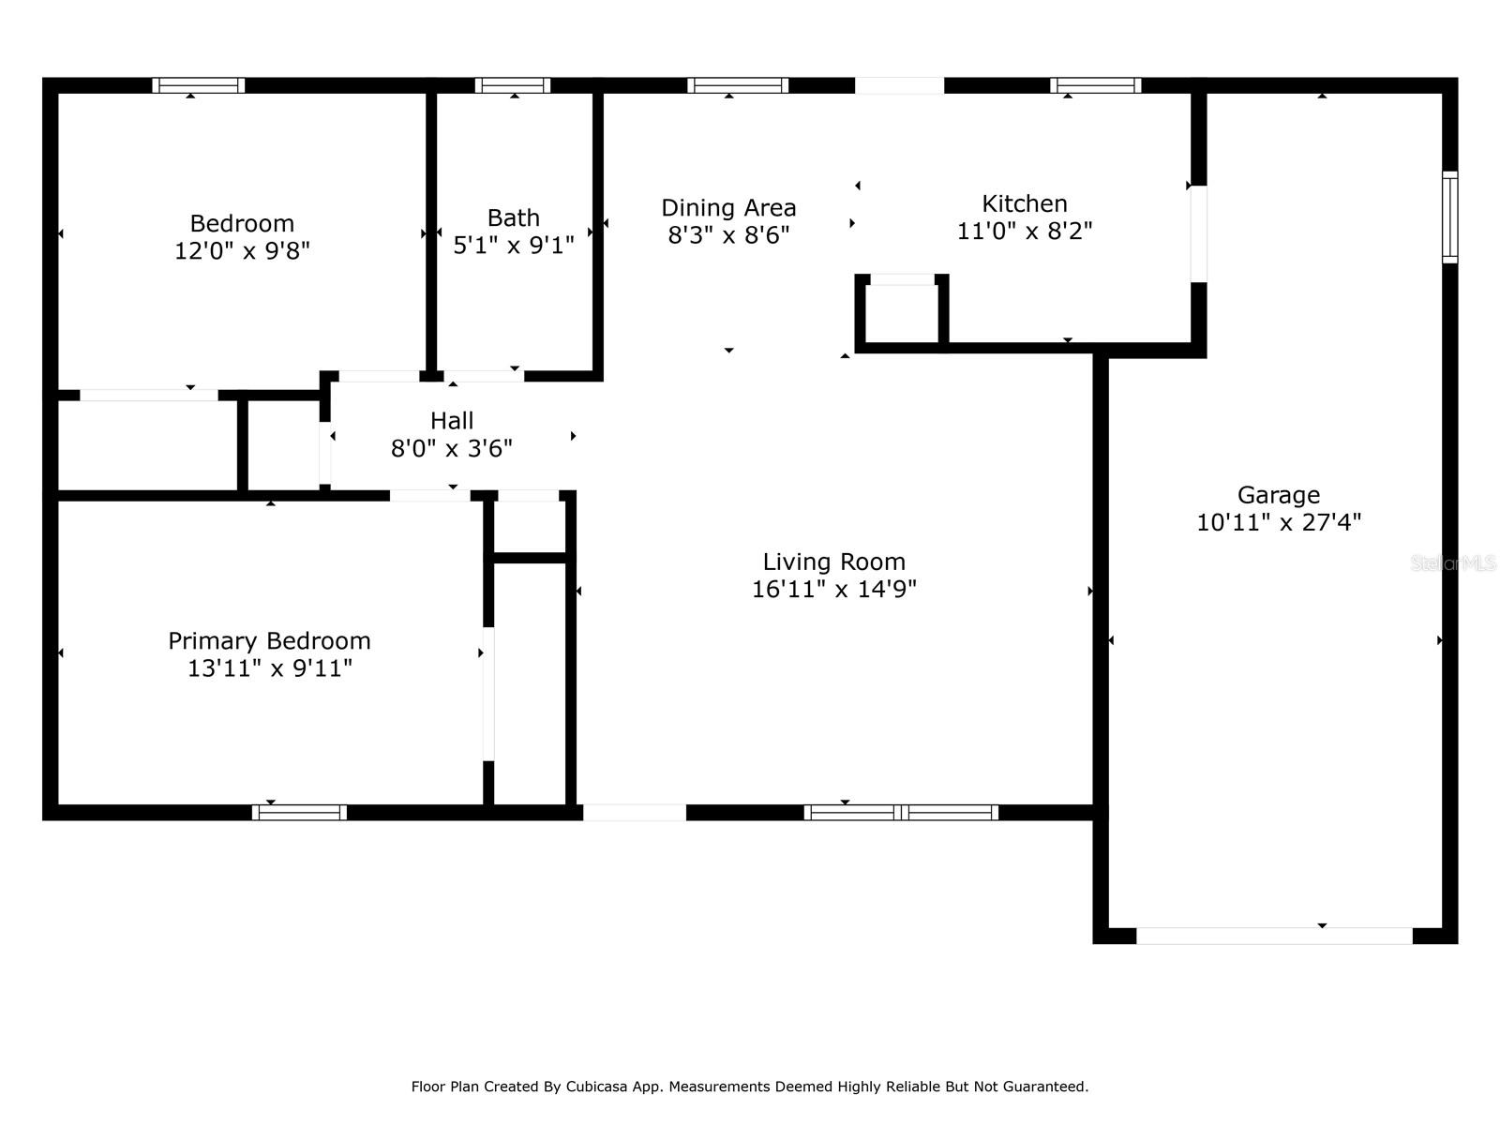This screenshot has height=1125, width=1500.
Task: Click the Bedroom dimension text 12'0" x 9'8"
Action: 242,250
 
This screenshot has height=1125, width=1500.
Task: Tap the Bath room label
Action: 513,217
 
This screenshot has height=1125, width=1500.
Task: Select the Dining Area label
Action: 728,207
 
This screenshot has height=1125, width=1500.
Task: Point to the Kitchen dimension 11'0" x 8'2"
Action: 1025,231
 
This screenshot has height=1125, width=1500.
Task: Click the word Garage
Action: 1279,495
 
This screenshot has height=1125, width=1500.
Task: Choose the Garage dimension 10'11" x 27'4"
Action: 1279,522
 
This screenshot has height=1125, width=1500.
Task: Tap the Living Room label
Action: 833,562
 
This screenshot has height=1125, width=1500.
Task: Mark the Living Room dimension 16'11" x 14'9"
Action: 833,589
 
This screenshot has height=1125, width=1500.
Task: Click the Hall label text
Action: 452,421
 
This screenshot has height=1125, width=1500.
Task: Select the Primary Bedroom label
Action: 269,640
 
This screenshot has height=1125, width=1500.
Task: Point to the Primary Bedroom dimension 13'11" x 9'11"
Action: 269,668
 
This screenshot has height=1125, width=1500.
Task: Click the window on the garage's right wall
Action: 1449,217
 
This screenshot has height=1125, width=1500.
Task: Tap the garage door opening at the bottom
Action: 1274,936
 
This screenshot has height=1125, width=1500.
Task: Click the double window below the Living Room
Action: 901,812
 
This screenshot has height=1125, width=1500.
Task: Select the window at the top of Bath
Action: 513,85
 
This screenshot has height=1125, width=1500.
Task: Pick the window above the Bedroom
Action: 198,85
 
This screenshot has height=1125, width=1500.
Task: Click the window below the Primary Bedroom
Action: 299,812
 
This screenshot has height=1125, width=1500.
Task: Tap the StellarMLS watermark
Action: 1453,563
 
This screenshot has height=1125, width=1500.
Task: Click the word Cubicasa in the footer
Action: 596,1087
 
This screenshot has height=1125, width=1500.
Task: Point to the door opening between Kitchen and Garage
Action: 1199,233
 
